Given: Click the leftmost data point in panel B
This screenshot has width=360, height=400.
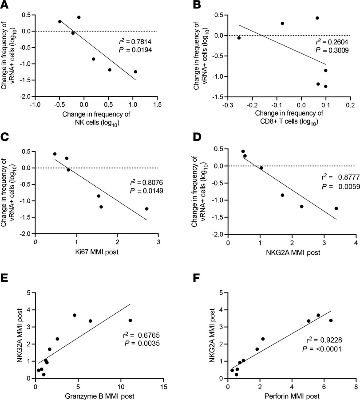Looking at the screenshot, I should pyautogui.click(x=239, y=38).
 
